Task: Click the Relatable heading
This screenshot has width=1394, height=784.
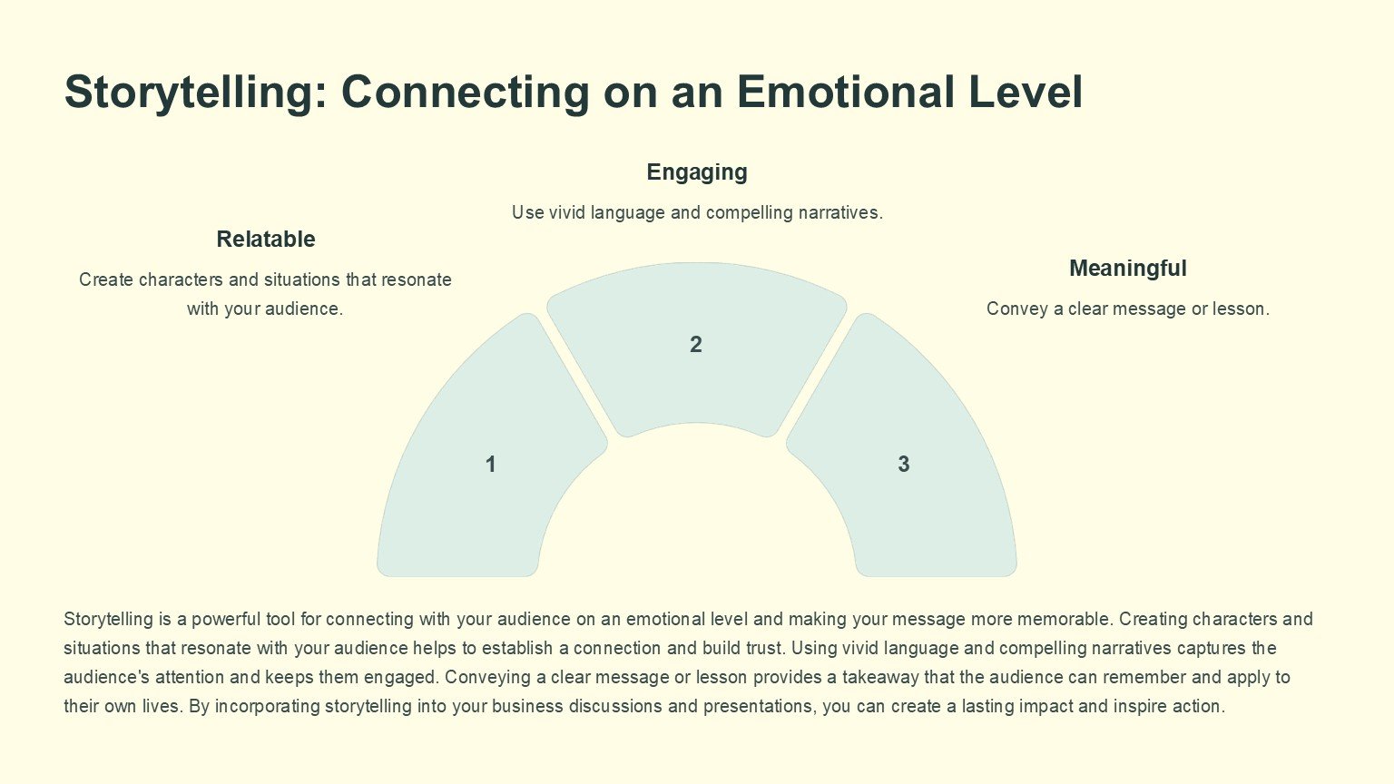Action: coord(266,240)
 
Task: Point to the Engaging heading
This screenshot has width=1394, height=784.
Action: coord(697,172)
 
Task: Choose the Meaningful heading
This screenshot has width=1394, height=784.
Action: coord(1127,269)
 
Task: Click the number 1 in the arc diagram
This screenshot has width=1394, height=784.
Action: coord(490,465)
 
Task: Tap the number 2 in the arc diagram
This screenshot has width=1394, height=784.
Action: coord(696,345)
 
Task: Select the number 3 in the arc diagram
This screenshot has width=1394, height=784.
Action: coord(903,465)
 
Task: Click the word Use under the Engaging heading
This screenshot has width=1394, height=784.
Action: coord(527,213)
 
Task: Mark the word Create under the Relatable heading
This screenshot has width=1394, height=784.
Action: coord(105,280)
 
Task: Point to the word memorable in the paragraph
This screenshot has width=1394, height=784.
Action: coord(1064,620)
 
